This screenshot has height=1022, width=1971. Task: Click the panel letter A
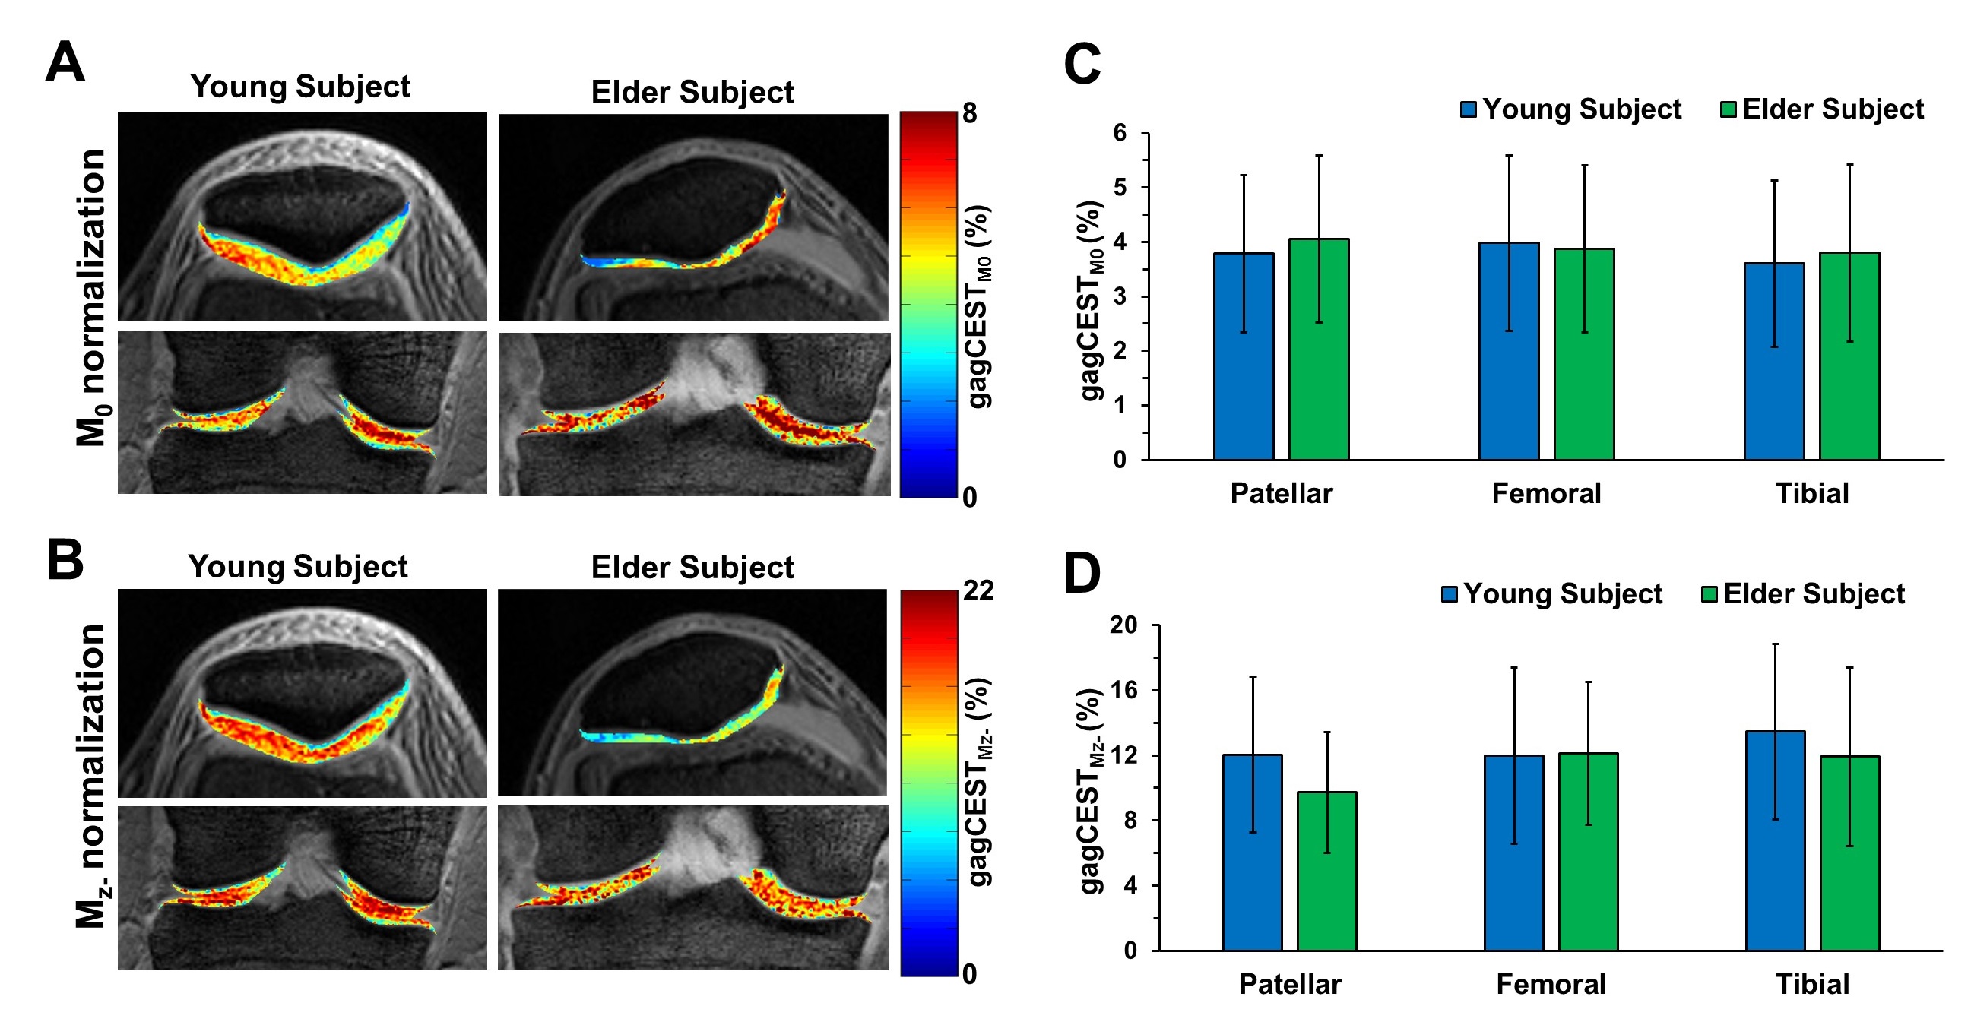click(65, 62)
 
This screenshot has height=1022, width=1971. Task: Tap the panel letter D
click(1082, 573)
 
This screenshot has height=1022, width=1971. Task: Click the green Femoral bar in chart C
click(1584, 353)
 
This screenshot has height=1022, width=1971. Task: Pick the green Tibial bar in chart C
click(1849, 356)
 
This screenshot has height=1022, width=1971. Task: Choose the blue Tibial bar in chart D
click(1775, 840)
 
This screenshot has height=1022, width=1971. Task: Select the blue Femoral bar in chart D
click(1513, 853)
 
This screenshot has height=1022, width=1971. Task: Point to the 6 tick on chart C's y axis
click(1120, 133)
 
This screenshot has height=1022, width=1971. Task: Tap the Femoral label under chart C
click(1546, 493)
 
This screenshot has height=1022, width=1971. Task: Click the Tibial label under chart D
click(1812, 984)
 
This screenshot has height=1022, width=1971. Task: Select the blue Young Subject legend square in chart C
click(1469, 109)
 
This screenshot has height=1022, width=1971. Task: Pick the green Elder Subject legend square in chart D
click(1710, 594)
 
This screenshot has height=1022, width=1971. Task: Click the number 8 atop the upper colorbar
click(969, 114)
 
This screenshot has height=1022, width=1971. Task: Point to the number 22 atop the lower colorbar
click(978, 590)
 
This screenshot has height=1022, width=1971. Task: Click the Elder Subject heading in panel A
click(692, 92)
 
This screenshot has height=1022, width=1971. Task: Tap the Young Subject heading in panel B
click(298, 567)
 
